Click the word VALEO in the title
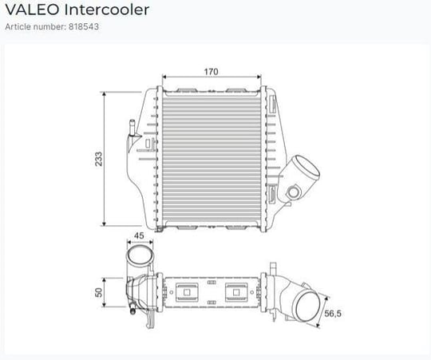32,10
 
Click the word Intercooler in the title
107,10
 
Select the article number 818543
84,26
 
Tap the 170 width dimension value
211,72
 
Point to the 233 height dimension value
98,159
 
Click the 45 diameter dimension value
139,235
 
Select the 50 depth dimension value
98,292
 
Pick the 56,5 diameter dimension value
333,313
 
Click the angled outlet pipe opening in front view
306,167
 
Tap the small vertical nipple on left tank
132,128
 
